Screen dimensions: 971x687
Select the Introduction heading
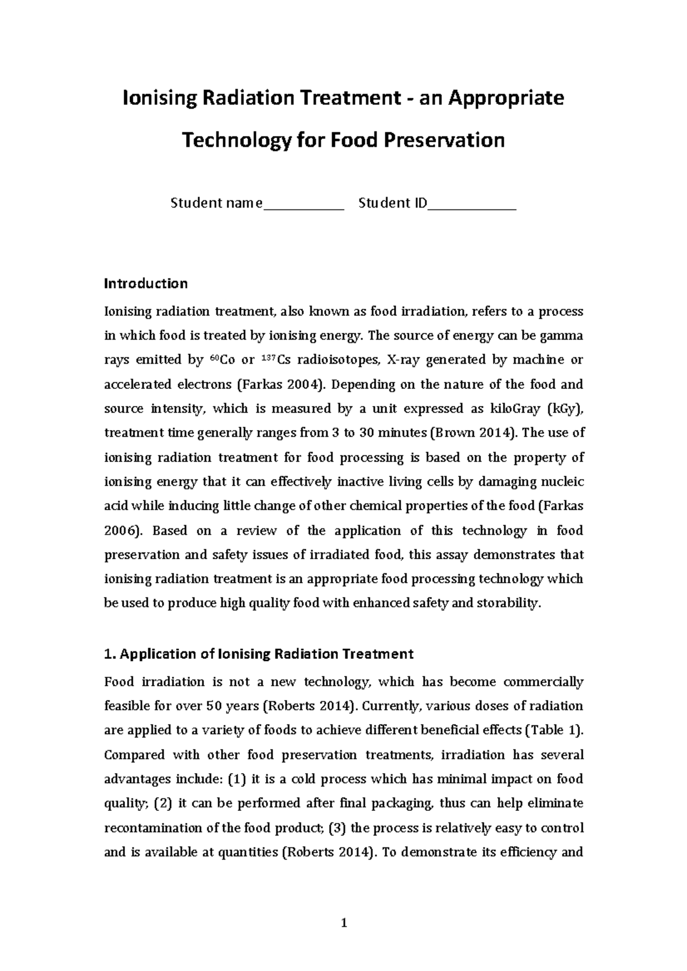point(145,284)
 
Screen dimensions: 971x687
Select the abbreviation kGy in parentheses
point(562,409)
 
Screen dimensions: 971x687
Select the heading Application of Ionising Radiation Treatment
point(258,654)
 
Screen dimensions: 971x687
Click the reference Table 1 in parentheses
point(552,730)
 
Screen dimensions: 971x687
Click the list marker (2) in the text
point(163,803)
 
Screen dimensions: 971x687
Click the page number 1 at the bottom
point(343,922)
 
